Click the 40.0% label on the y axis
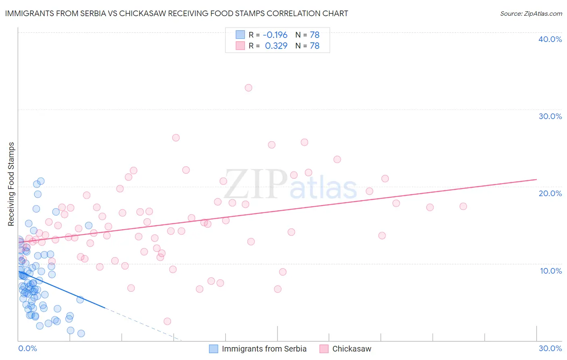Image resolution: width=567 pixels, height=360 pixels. (550, 39)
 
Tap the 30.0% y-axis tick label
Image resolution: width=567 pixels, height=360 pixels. (550, 116)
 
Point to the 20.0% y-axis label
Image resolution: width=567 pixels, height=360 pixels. (550, 193)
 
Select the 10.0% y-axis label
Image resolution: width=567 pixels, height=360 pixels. (550, 271)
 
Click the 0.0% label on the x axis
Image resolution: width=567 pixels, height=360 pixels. (27, 348)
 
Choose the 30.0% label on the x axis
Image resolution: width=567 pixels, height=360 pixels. (550, 348)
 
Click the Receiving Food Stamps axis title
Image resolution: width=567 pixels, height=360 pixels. (11, 184)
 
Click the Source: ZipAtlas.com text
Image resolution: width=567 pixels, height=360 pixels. (531, 14)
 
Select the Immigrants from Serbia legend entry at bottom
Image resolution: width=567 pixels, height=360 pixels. (258, 349)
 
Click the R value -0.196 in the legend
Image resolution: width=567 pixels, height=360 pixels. (275, 35)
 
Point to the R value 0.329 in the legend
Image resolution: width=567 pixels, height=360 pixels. (276, 46)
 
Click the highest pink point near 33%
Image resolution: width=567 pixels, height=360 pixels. (248, 88)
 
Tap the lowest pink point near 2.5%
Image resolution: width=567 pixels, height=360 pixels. (167, 321)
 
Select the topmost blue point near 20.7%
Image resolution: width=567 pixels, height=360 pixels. (41, 181)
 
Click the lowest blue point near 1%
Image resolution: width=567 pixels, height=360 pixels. (81, 333)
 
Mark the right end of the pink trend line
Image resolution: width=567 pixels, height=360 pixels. (536, 179)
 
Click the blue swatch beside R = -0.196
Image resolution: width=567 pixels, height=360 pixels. (240, 35)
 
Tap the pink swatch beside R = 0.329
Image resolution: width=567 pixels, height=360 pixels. (240, 46)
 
